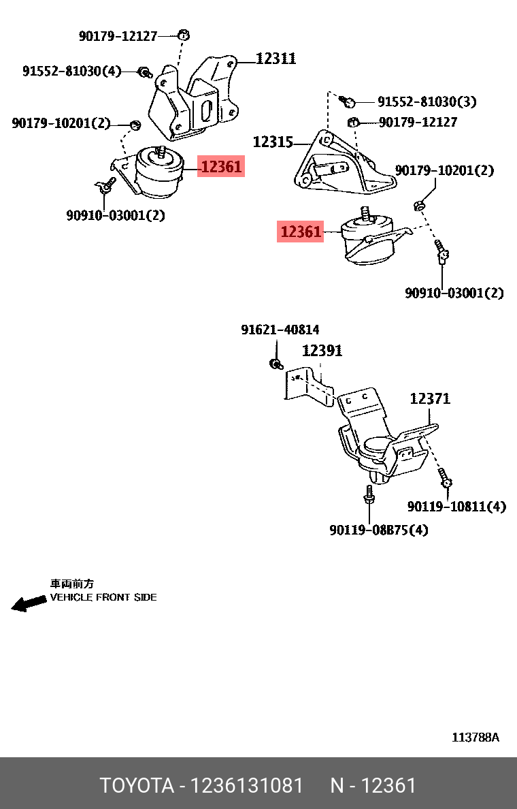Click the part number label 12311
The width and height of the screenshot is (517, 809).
coord(276,59)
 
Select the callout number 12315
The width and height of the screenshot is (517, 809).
coord(273,142)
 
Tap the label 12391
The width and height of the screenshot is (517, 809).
coord(322,351)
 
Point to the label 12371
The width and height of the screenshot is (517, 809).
coord(429,399)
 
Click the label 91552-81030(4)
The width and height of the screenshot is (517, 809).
coord(71,71)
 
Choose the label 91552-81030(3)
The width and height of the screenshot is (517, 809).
coord(427,102)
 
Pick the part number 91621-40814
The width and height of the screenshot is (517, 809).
coord(280,330)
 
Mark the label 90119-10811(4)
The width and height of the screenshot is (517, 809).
coord(456,507)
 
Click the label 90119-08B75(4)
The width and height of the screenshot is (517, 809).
coord(379,530)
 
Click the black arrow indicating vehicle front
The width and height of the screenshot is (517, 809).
coord(28,604)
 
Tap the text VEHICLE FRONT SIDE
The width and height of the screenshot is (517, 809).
coord(103,597)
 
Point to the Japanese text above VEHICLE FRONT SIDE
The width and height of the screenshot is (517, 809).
coord(72,584)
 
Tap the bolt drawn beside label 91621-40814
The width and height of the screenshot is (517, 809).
coord(276,363)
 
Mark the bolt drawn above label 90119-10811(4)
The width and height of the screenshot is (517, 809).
coord(446,479)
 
